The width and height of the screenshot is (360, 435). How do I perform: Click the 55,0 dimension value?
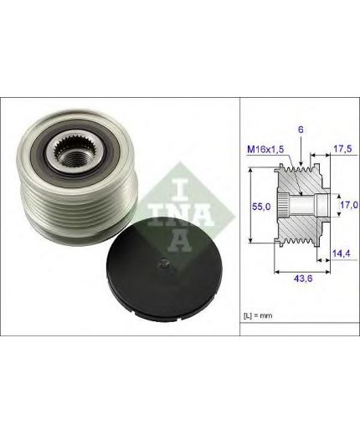261,207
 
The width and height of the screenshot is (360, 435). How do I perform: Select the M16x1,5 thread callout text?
265,150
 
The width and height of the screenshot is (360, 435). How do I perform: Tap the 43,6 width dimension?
302,278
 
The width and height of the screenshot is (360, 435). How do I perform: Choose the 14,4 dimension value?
342,253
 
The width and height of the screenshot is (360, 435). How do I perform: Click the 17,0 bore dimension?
349,205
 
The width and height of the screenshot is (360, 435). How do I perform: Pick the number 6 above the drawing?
301,130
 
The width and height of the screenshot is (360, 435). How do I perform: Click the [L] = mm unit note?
258,315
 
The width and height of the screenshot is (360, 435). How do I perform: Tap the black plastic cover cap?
165,269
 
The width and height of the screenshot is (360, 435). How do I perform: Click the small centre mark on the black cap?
163,264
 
